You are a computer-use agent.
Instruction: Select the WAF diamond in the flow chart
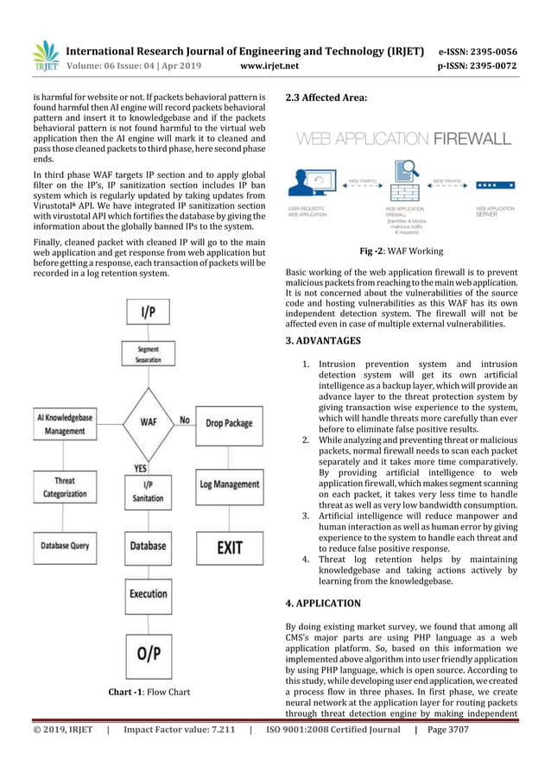[x=148, y=421]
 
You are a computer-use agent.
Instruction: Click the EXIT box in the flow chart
[x=229, y=546]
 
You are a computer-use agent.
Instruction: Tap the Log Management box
[x=229, y=484]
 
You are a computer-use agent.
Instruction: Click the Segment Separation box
[x=148, y=354]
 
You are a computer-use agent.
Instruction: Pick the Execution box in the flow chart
[x=148, y=594]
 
